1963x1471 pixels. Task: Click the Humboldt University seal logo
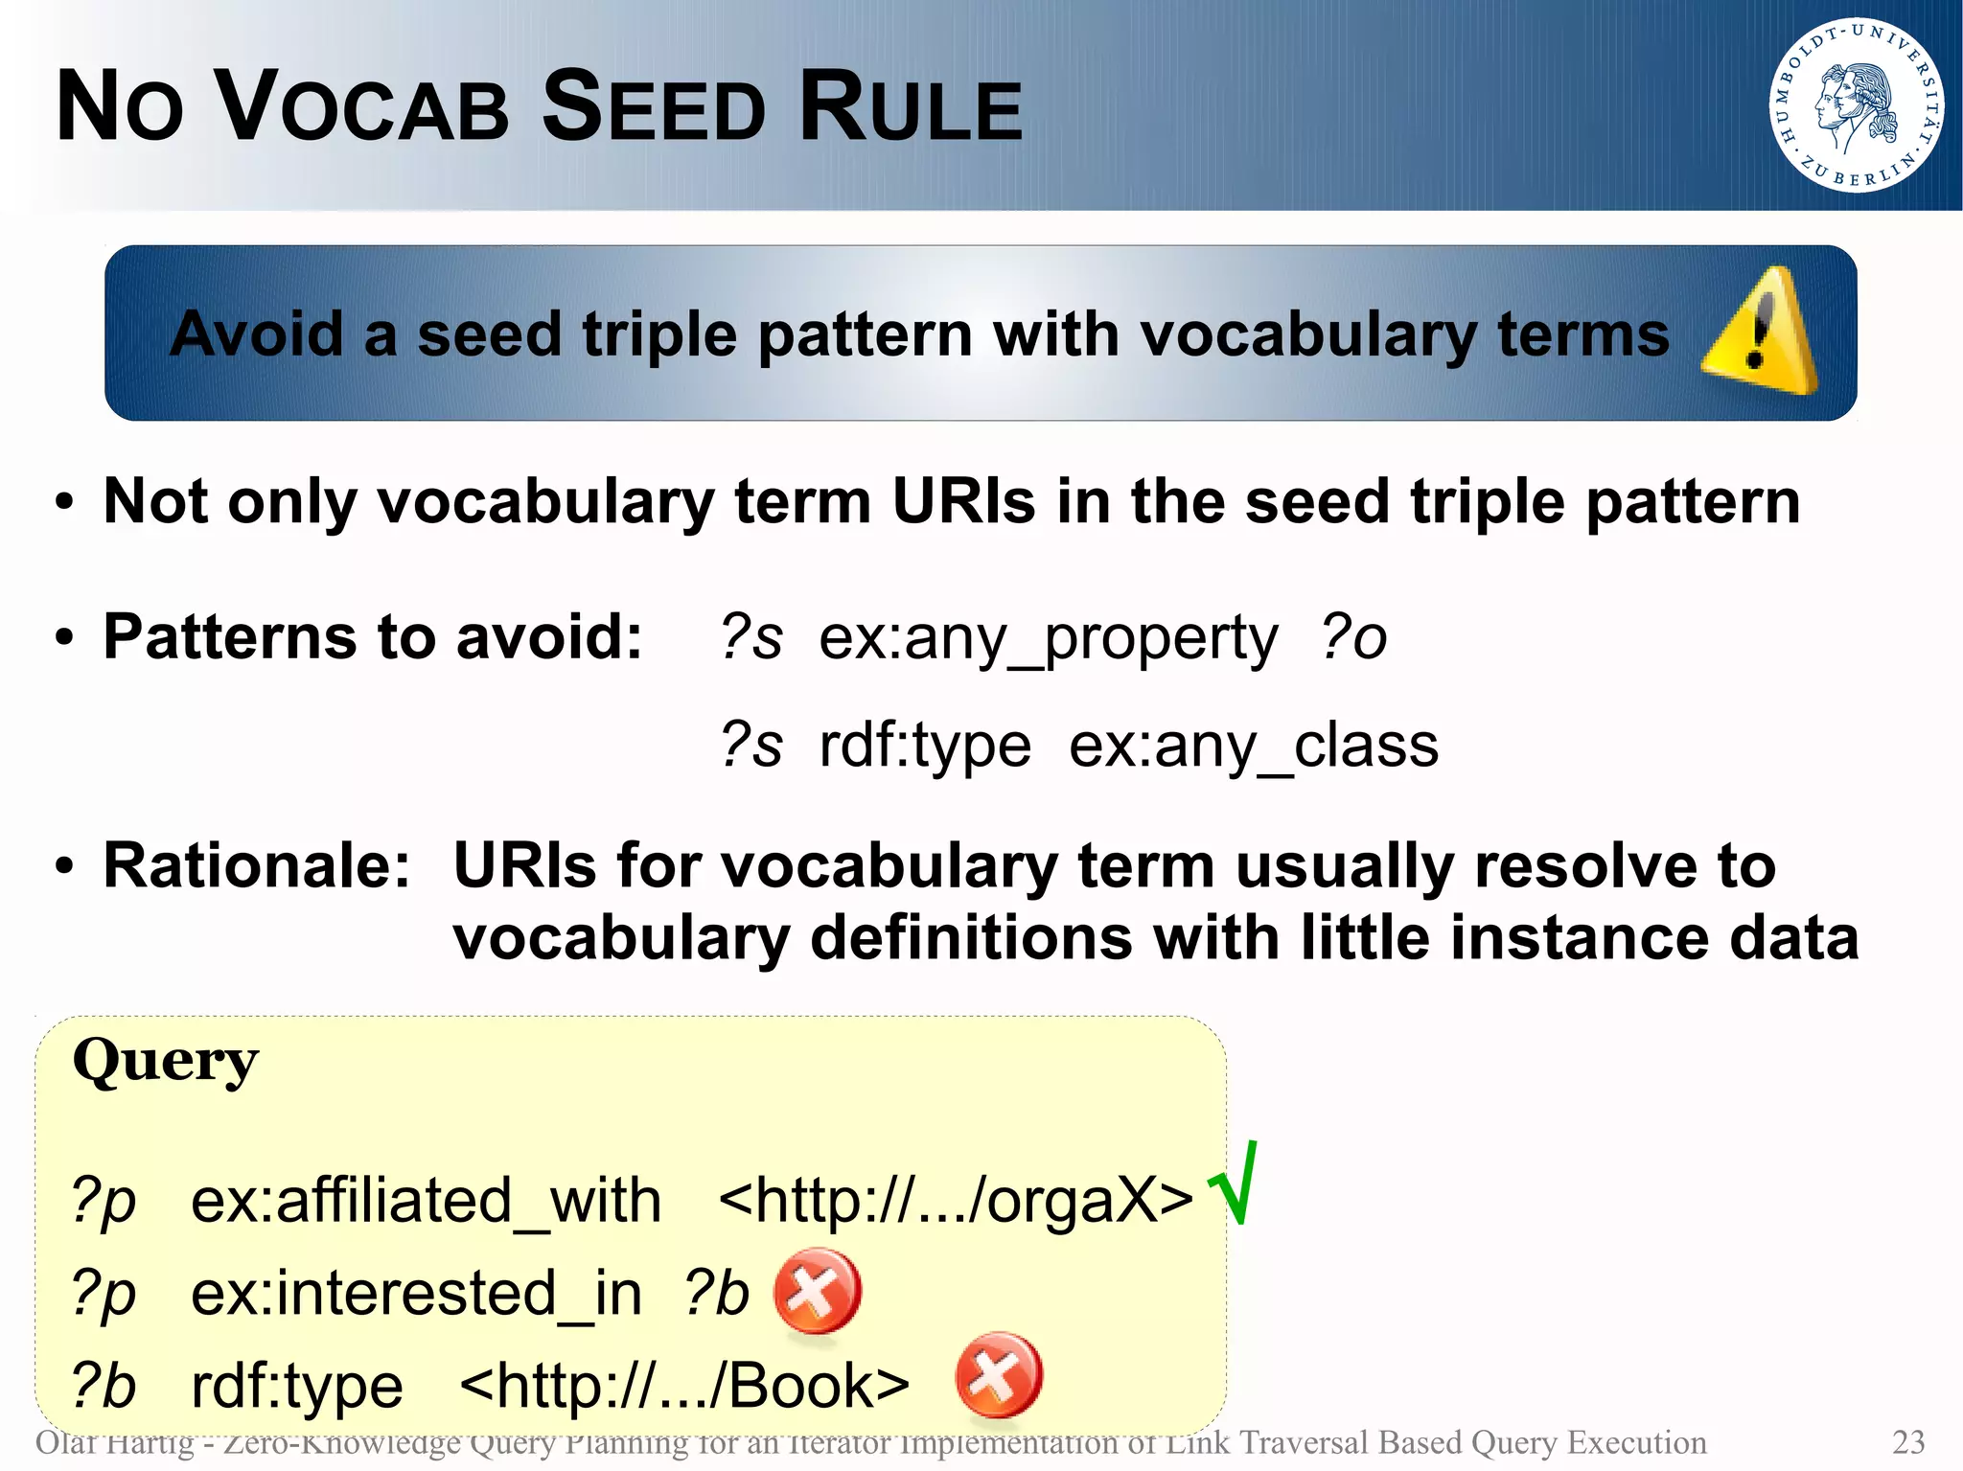click(x=1855, y=104)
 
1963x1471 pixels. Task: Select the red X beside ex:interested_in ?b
click(x=817, y=1291)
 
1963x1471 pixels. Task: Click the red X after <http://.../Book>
click(x=999, y=1374)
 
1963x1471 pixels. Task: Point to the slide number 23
click(x=1908, y=1442)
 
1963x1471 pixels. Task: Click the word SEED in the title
click(x=654, y=106)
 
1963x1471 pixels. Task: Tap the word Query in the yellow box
click(x=166, y=1061)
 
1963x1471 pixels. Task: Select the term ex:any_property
click(x=1048, y=638)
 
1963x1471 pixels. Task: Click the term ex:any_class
click(x=1253, y=746)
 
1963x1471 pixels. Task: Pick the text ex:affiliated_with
click(x=426, y=1201)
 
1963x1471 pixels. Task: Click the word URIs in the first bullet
click(x=963, y=501)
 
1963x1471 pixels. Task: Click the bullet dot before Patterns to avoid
click(x=64, y=637)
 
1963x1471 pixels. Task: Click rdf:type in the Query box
click(x=297, y=1386)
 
